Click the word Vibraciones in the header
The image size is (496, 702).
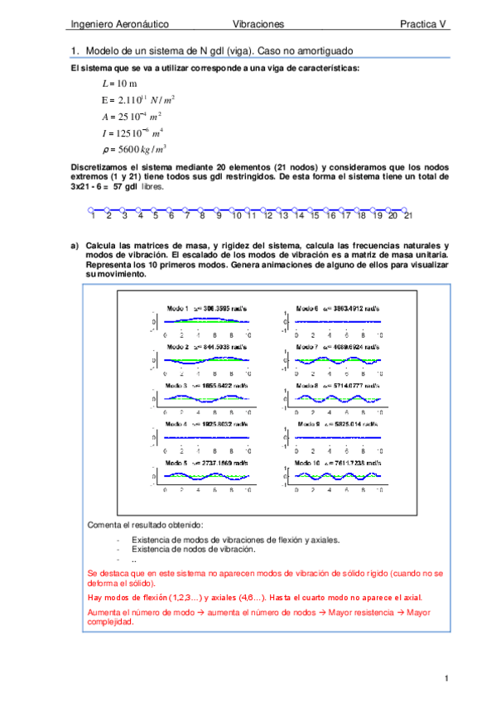coord(258,25)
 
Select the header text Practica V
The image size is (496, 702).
coord(423,25)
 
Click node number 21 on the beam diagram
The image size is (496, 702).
coord(408,215)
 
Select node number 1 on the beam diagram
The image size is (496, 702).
coord(94,215)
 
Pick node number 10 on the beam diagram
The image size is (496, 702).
coord(237,215)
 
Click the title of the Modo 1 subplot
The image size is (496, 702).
coord(205,308)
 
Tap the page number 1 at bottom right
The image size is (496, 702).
coord(445,680)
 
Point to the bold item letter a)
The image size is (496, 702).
coord(75,247)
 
